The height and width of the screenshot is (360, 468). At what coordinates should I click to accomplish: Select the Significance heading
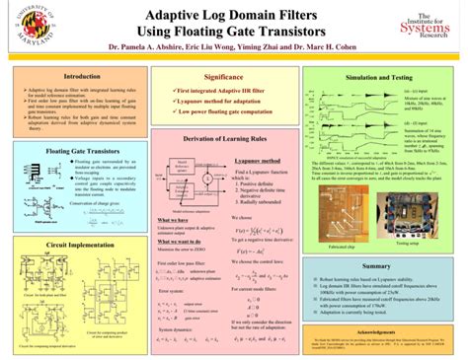pyautogui.click(x=223, y=76)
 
